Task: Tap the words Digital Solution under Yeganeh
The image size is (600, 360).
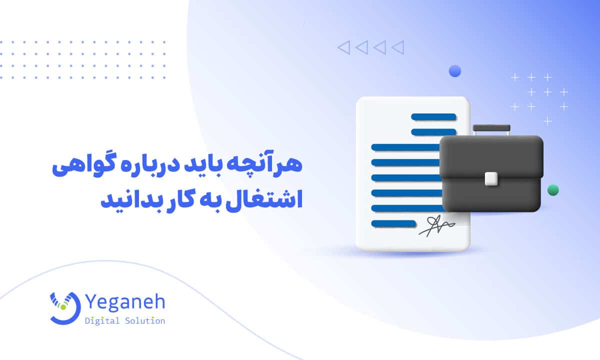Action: click(x=125, y=321)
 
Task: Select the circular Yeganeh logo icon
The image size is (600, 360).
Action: click(x=64, y=306)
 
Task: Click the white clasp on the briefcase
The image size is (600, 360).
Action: click(x=491, y=178)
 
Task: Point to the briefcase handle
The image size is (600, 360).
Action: click(x=491, y=128)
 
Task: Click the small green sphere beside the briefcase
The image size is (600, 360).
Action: click(x=553, y=190)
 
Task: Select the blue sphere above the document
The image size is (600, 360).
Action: click(x=454, y=71)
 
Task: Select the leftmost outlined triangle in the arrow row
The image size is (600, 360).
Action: click(x=343, y=47)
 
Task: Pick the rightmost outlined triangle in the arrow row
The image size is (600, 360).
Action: click(x=397, y=47)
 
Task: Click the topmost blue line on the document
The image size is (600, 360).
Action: click(x=433, y=117)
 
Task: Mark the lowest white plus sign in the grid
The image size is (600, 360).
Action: click(x=548, y=121)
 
